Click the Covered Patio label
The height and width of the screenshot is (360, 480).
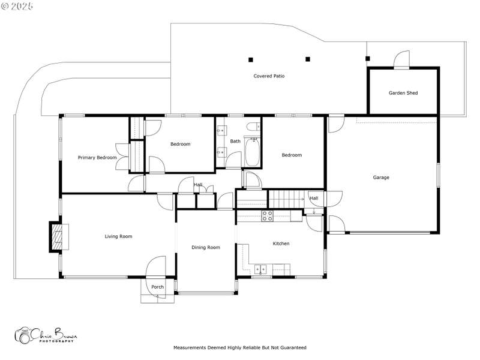coord(269,76)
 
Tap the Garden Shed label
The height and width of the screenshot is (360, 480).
coord(403,93)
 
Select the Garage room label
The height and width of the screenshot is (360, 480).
coord(381,177)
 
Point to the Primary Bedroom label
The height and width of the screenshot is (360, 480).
coord(97,157)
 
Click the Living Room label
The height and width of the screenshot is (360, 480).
coord(118,236)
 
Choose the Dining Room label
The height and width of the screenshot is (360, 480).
coord(205,247)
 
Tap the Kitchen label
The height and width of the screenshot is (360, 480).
coord(281,244)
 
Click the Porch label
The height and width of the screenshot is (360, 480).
coord(157,287)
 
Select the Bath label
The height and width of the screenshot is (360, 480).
coord(235,141)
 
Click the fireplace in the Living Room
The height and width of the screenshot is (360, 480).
coord(59,237)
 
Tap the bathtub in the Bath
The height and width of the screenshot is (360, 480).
coord(253,152)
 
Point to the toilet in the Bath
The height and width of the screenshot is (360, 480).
coord(253,126)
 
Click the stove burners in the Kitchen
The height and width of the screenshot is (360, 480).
coord(267,216)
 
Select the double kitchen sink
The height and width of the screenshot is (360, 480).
coord(260,269)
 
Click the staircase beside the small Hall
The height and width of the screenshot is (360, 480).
coord(286,199)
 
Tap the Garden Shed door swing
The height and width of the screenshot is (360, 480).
coord(401,59)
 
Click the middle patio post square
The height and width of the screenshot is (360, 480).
coord(308,59)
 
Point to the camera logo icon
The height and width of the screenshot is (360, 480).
coord(23,335)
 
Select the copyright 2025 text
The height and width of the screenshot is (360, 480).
coord(17,6)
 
